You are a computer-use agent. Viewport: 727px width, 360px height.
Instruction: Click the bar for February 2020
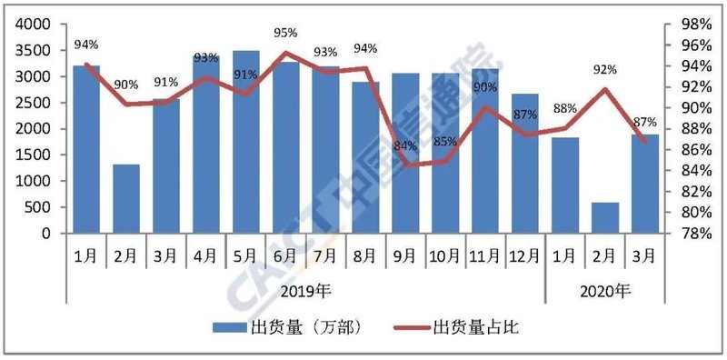[x=605, y=217]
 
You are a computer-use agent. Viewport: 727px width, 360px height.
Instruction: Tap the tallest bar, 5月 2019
[x=245, y=141]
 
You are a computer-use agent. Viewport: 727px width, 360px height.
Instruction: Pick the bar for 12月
[x=525, y=163]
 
